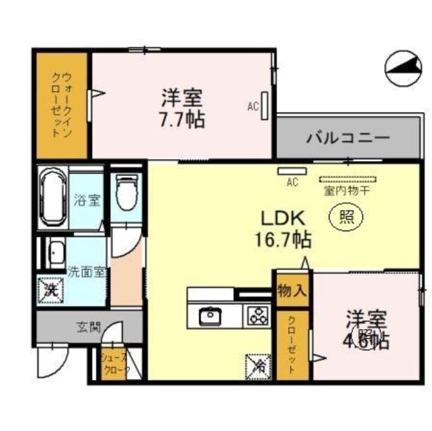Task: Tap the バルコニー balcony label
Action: [349, 137]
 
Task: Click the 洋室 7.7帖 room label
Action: [182, 108]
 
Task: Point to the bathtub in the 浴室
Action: [53, 198]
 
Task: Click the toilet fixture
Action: [126, 192]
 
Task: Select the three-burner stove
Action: [259, 315]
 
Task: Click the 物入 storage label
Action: [292, 291]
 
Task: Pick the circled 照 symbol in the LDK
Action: [346, 216]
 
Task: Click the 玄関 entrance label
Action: [88, 327]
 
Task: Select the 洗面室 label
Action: [86, 271]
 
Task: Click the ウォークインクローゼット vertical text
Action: [61, 105]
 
